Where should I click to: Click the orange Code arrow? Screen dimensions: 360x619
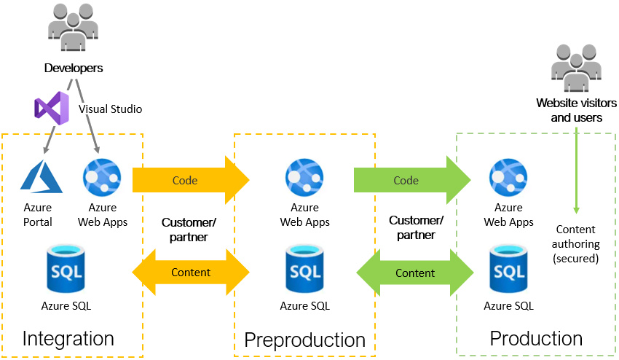tap(190, 179)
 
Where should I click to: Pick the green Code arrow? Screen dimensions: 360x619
tap(412, 179)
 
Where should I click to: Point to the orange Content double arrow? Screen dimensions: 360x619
tap(190, 273)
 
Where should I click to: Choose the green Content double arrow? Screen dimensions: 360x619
tap(414, 273)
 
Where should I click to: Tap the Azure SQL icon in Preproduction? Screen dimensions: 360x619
tap(305, 270)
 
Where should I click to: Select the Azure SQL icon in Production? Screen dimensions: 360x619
tap(509, 270)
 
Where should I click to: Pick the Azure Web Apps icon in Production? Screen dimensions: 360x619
tap(509, 176)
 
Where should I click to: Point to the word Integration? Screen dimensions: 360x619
tap(68, 338)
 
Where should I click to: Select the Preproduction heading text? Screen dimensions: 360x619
tap(304, 340)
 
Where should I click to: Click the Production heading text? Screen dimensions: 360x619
tap(536, 338)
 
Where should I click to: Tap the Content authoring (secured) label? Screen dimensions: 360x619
tap(577, 243)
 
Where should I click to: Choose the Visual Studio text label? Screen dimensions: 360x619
tap(110, 109)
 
